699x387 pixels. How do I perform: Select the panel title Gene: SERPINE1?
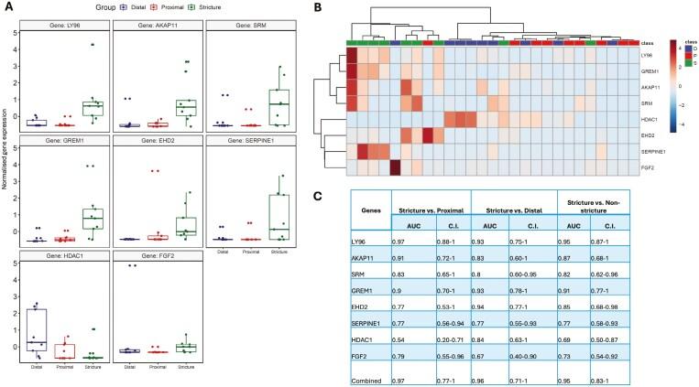click(x=252, y=143)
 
